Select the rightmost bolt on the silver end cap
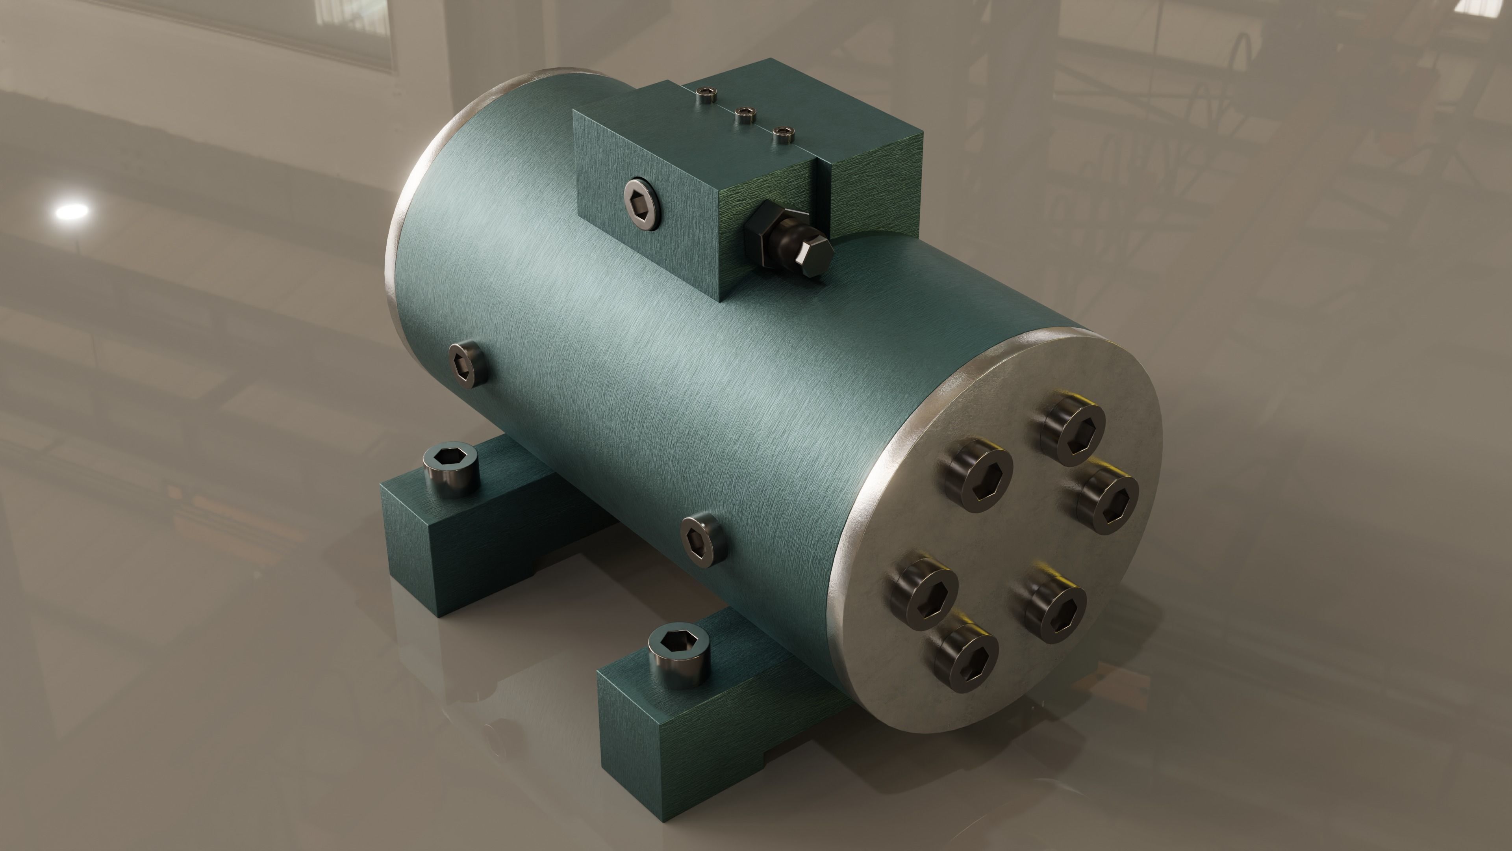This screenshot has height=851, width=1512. point(1108,499)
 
